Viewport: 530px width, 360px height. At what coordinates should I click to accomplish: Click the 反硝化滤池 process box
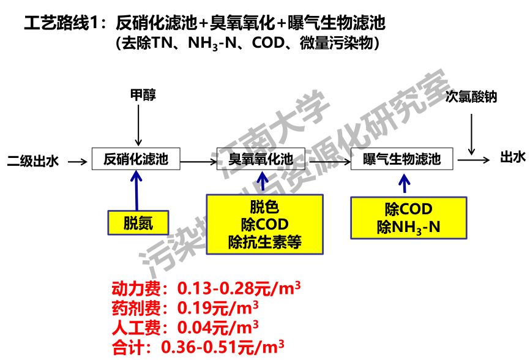pos(135,160)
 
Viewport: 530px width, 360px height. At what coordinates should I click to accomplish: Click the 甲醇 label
pos(143,95)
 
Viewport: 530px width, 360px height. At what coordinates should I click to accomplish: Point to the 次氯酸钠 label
pos(471,97)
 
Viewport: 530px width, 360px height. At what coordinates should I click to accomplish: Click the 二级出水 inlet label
pos(33,162)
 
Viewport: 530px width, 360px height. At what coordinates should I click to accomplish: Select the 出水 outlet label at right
pos(512,158)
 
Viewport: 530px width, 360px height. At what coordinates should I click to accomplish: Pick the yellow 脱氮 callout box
pos(138,223)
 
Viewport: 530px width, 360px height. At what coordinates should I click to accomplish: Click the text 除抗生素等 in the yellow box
pos(264,242)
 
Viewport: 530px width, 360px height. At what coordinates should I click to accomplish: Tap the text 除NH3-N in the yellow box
pos(408,228)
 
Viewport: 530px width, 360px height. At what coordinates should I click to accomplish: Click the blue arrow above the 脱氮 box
pos(136,190)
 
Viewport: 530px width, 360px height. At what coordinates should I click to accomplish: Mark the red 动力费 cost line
pos(206,288)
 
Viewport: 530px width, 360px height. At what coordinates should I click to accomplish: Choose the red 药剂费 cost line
pos(184,307)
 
